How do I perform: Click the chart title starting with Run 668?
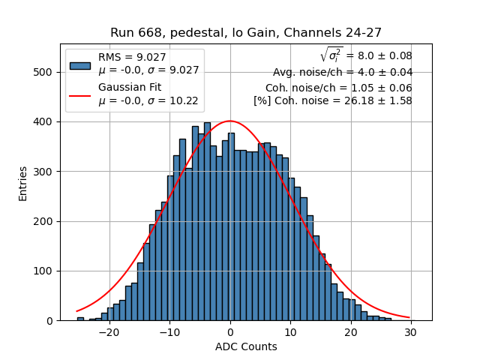click(x=246, y=33)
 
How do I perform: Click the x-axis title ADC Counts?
click(x=246, y=346)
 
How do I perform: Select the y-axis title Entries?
click(x=23, y=183)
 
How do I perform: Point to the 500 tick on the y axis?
click(x=46, y=72)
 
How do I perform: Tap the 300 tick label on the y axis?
click(x=46, y=172)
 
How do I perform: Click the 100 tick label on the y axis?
click(x=46, y=271)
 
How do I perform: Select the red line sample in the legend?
click(x=80, y=95)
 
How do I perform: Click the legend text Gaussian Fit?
click(x=129, y=88)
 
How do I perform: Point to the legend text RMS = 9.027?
click(x=132, y=56)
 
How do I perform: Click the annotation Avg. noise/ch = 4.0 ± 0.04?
click(x=342, y=73)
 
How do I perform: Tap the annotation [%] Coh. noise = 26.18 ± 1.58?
click(x=332, y=100)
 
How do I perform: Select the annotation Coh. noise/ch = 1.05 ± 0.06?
click(x=338, y=87)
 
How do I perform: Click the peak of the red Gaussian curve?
click(x=229, y=121)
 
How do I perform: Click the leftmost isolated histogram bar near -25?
click(x=80, y=319)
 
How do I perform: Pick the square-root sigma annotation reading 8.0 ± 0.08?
click(x=366, y=55)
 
